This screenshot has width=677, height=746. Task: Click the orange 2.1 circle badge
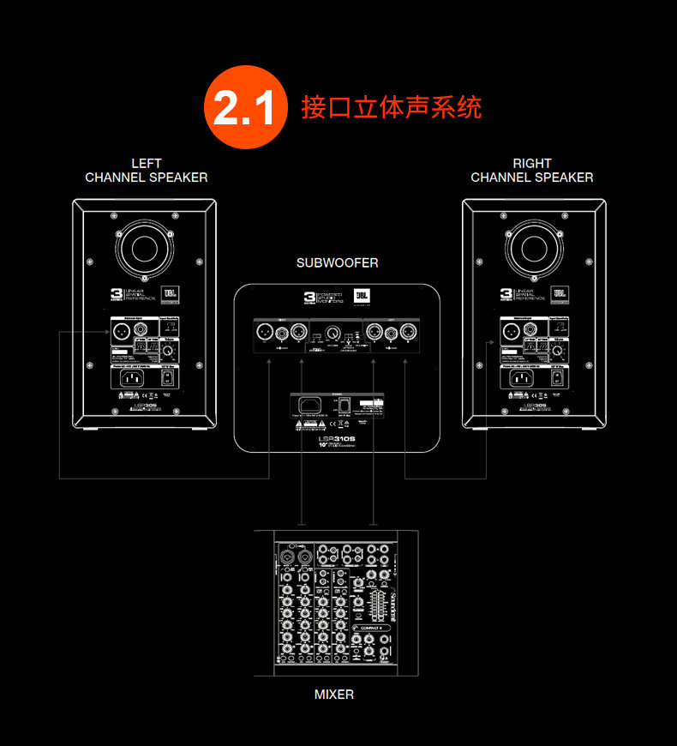pos(244,107)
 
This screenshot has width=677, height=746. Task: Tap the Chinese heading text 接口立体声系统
pos(391,107)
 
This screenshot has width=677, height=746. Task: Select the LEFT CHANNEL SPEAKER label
pos(147,170)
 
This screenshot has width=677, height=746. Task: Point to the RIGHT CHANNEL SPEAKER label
pos(532,170)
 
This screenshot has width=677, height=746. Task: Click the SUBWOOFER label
pos(338,262)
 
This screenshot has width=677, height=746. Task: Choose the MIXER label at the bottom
pos(333,694)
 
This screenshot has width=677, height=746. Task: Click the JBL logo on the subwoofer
pos(363,297)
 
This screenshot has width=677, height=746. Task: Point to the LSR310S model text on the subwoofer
pos(336,438)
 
